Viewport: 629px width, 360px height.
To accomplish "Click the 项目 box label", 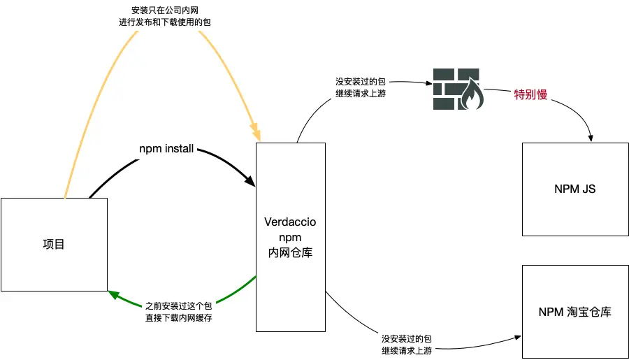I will [x=54, y=245].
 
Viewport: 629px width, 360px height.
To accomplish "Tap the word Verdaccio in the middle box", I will [x=290, y=222].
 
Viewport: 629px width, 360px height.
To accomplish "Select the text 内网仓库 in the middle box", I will [x=290, y=253].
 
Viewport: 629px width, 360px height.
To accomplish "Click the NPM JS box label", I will [x=574, y=189].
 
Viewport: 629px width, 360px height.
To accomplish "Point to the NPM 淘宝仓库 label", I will [x=574, y=312].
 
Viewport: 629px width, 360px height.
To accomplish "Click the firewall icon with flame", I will [x=456, y=89].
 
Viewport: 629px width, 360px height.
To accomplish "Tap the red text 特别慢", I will [x=530, y=95].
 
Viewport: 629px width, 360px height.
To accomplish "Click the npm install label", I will [x=166, y=149].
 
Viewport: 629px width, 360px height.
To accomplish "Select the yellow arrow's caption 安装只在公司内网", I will [x=164, y=10].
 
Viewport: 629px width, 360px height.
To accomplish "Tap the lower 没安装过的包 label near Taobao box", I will [x=407, y=338].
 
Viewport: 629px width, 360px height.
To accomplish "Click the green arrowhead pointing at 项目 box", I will [x=113, y=294].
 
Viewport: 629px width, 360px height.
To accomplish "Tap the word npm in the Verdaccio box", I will [x=290, y=238].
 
